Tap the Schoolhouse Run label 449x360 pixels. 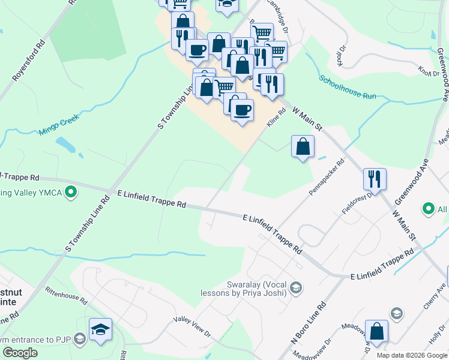pos(348,87)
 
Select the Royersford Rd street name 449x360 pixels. pos(28,61)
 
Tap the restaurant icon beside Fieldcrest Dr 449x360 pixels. pos(375,178)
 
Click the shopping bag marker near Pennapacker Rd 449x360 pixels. pos(303,146)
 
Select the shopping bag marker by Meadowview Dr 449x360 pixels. pos(376,332)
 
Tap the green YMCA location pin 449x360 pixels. pos(71,193)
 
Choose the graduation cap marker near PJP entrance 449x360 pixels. pos(100,329)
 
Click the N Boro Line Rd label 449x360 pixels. pos(309,322)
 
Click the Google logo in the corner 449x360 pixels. pos(20,353)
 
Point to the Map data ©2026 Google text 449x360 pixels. pos(411,355)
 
